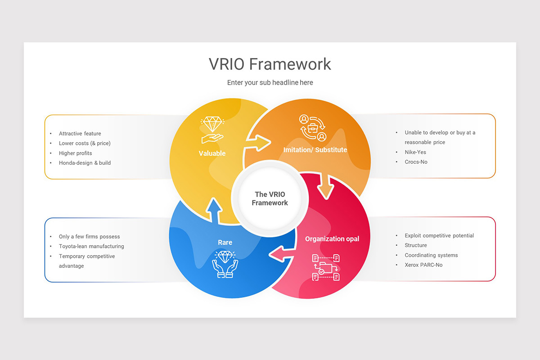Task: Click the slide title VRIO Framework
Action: [270, 64]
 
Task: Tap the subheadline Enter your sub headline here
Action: [270, 82]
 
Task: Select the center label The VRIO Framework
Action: [270, 198]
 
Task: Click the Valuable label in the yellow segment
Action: [212, 153]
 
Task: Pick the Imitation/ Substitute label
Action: [315, 149]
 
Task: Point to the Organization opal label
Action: [332, 239]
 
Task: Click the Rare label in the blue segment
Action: [225, 243]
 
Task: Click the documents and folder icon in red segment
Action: [326, 267]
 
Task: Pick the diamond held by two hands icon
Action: [225, 264]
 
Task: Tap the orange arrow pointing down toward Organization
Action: [325, 185]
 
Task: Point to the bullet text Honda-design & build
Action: [85, 163]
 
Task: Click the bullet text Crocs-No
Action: [416, 162]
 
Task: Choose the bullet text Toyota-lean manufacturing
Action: [91, 247]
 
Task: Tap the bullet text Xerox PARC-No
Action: [423, 265]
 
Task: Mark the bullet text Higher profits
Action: [75, 153]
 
